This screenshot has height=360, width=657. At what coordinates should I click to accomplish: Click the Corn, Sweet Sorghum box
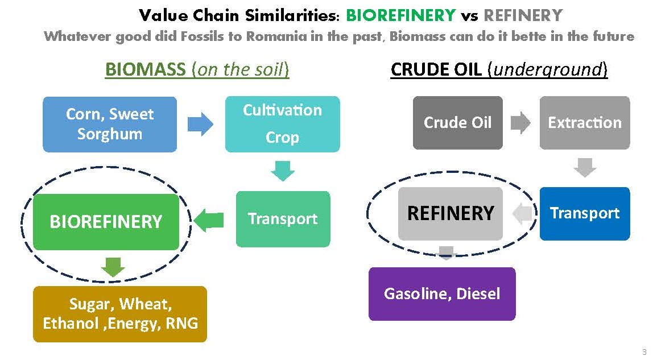coord(110,124)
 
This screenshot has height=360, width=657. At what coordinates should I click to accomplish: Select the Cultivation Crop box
coord(282,124)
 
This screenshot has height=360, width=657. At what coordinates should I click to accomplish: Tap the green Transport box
coord(283,219)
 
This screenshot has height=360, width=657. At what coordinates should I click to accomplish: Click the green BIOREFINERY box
coord(106,222)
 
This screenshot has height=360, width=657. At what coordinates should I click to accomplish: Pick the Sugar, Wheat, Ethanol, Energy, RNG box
coord(120,314)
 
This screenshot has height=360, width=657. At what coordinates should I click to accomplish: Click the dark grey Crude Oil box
coord(457,123)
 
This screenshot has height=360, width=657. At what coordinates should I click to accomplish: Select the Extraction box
coord(584,123)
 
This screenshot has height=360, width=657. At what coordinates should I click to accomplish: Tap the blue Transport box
coord(584,213)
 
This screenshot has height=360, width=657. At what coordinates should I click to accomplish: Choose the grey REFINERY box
coord(451,213)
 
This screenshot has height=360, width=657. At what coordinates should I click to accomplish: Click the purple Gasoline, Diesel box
coord(442,294)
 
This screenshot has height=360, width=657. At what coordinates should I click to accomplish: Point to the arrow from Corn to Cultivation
coord(200,124)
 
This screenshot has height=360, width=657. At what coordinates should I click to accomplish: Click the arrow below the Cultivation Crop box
coord(282,171)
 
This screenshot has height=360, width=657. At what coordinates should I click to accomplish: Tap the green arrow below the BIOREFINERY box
coord(113,267)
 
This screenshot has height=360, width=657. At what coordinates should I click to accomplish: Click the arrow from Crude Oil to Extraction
coord(520,123)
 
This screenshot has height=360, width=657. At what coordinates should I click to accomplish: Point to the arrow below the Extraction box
coord(585,167)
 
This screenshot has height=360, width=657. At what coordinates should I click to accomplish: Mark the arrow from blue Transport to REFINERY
coord(522,213)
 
